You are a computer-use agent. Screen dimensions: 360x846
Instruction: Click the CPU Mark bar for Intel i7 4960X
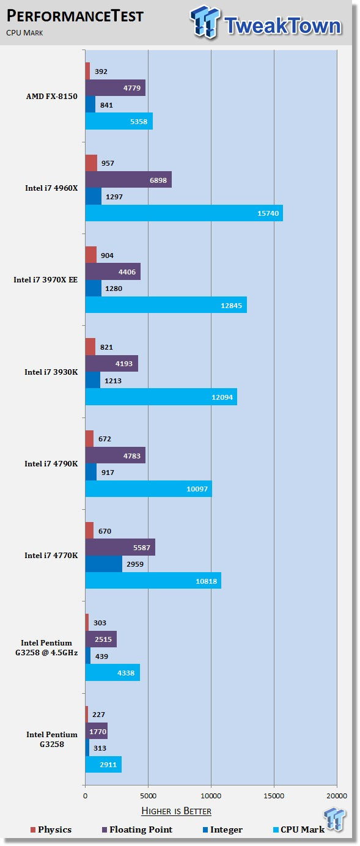coord(184,213)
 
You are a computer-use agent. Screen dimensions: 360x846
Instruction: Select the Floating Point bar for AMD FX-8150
coord(116,87)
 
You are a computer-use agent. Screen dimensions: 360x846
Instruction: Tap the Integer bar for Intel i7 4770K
coord(104,564)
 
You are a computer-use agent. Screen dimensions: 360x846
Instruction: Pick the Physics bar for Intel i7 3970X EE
coord(91,255)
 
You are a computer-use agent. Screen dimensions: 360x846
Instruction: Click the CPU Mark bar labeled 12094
coord(161,397)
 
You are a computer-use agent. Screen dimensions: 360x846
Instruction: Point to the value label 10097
coord(197,489)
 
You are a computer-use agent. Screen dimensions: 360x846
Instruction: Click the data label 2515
coord(103,639)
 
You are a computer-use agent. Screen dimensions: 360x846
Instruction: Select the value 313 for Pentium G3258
coord(100,748)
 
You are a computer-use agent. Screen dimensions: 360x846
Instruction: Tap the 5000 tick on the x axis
coord(148,796)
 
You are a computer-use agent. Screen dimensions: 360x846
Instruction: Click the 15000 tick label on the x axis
coord(274,796)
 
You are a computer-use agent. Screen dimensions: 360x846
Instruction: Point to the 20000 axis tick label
coord(337,796)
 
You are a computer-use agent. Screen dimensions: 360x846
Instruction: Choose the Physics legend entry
coord(51,829)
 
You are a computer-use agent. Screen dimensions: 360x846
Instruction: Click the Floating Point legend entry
coord(137,829)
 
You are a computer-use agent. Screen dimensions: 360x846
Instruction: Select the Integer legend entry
coord(223,829)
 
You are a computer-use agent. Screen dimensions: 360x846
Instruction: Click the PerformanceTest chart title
coord(75,16)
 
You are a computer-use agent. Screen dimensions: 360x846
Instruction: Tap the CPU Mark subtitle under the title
coord(24,33)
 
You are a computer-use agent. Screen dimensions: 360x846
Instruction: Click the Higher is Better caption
coord(177,811)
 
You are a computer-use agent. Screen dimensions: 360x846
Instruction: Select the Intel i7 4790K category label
coord(51,464)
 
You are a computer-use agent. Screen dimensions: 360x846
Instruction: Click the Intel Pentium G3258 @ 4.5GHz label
coord(46,648)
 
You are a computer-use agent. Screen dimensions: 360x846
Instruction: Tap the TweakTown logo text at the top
coord(283,26)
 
